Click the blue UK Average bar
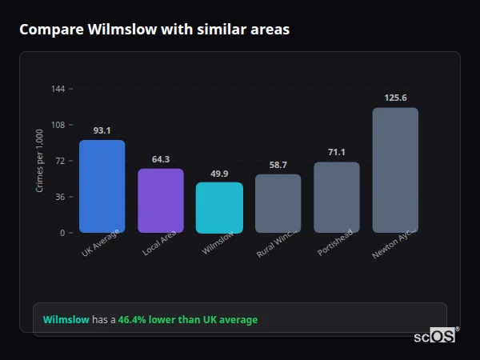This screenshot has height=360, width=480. [x=102, y=186]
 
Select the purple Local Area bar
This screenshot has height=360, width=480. [x=161, y=201]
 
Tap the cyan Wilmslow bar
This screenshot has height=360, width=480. [x=219, y=207]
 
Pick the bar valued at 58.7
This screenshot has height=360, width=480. [x=278, y=203]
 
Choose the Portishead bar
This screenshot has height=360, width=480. [x=337, y=198]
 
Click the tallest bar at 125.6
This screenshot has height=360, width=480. [x=395, y=170]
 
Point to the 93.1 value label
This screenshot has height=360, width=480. [x=102, y=130]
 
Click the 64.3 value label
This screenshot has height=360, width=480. [x=161, y=159]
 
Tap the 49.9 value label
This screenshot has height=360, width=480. [x=219, y=174]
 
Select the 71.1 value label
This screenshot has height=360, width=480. [x=337, y=152]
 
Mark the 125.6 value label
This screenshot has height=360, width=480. [x=395, y=98]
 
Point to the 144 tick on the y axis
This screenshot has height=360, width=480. [x=58, y=89]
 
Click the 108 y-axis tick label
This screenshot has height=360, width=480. [x=58, y=125]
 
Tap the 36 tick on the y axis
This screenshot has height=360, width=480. [x=60, y=197]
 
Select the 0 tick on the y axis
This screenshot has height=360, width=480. [x=62, y=233]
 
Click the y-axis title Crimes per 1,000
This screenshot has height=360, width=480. [x=40, y=160]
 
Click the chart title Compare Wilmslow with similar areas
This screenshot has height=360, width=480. [x=154, y=30]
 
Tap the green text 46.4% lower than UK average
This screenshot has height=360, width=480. [x=188, y=320]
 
